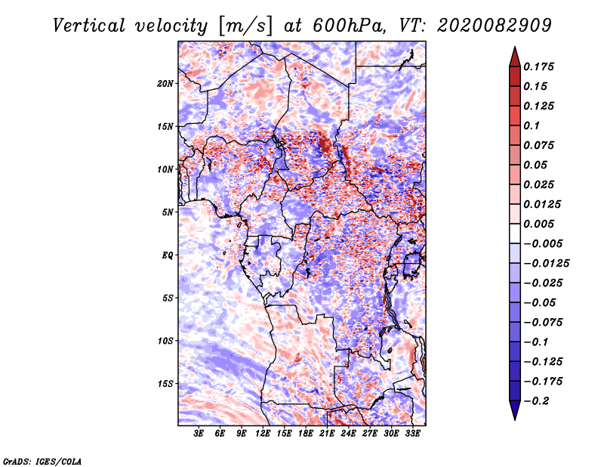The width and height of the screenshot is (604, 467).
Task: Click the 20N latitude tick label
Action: tap(165, 83)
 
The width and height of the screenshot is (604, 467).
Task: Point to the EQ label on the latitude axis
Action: tap(167, 255)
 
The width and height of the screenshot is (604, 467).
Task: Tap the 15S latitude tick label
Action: tap(165, 383)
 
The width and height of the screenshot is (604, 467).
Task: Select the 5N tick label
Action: tap(168, 212)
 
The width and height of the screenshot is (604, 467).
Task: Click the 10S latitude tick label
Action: tap(165, 340)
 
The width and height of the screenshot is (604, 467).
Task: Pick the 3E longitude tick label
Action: tap(199, 435)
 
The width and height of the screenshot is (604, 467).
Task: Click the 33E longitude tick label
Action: tap(412, 435)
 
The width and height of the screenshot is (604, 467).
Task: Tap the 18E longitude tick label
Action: tap(306, 435)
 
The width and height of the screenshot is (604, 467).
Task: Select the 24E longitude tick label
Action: tap(348, 435)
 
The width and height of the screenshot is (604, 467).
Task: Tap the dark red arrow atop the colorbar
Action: tap(513, 55)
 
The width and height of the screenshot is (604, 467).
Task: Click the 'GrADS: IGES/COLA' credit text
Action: tap(42, 460)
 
